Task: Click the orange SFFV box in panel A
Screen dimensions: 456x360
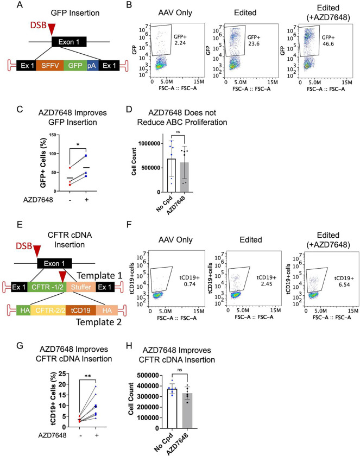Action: (x=49, y=64)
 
